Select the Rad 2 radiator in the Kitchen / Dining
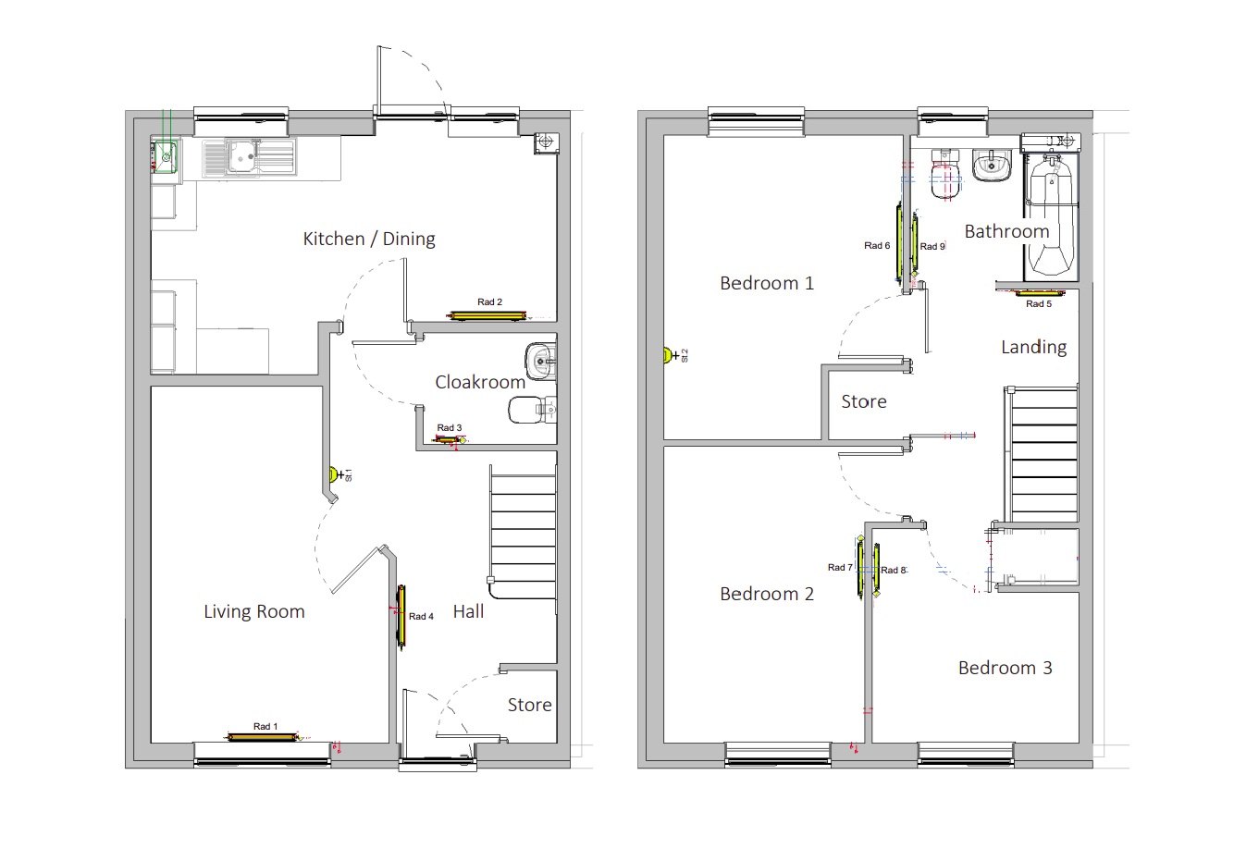(486, 315)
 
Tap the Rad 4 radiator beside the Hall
(402, 616)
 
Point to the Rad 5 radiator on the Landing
(1039, 293)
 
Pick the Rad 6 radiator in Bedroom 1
(899, 242)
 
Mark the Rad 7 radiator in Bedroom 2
(860, 568)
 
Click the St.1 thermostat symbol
(333, 474)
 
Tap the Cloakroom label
(480, 382)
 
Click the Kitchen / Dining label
(369, 240)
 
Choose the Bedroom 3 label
(1006, 668)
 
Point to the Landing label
(1034, 348)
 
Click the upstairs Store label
(864, 401)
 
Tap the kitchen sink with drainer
(250, 157)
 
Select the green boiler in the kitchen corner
(166, 156)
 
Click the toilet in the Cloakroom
(532, 410)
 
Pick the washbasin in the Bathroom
(992, 165)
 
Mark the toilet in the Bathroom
(946, 174)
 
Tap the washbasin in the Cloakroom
(540, 361)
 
